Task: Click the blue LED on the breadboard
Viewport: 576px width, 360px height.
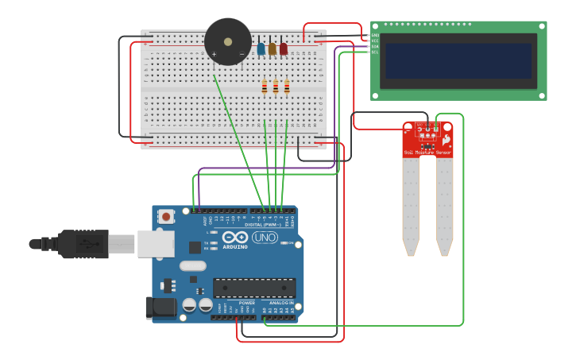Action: point(261,48)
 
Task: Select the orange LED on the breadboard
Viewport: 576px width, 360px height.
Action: point(272,48)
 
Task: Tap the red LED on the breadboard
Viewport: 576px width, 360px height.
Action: point(283,48)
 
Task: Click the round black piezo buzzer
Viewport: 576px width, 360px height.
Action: point(228,41)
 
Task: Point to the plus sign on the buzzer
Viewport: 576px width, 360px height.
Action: point(214,54)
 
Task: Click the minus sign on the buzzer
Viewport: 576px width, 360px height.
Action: point(242,54)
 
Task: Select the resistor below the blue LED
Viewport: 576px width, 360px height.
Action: point(265,87)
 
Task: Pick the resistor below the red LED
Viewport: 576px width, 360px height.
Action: point(287,87)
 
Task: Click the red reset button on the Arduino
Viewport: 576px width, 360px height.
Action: point(166,216)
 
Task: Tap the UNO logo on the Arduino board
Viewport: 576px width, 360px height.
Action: point(265,237)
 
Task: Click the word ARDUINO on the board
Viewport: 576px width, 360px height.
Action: point(234,246)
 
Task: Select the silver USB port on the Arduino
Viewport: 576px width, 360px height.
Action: point(155,244)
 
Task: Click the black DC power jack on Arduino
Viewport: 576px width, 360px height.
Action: point(160,308)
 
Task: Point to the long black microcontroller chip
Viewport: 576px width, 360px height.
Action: point(254,288)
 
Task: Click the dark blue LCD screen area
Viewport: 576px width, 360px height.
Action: point(458,60)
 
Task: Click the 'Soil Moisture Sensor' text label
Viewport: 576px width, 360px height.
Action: point(427,153)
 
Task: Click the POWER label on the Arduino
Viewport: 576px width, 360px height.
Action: point(247,303)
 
